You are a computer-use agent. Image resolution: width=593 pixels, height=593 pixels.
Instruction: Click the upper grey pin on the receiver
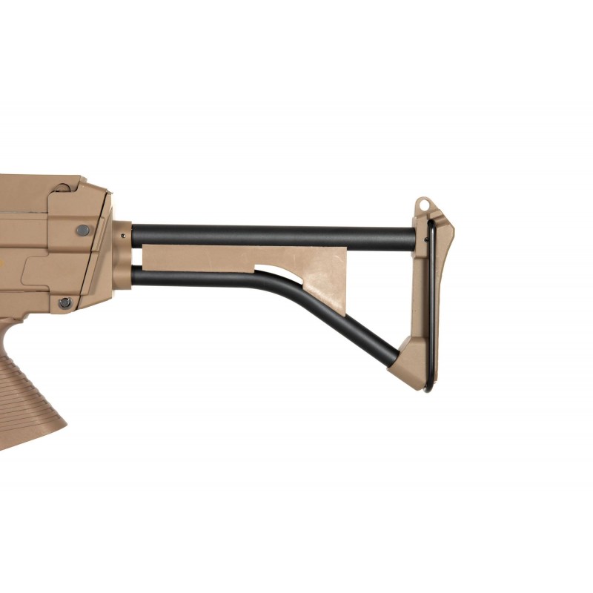click(x=82, y=231)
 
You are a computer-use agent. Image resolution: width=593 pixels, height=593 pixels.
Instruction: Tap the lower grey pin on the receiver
click(x=65, y=302)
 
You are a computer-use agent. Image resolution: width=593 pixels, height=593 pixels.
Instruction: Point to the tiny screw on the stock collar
click(x=121, y=236)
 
